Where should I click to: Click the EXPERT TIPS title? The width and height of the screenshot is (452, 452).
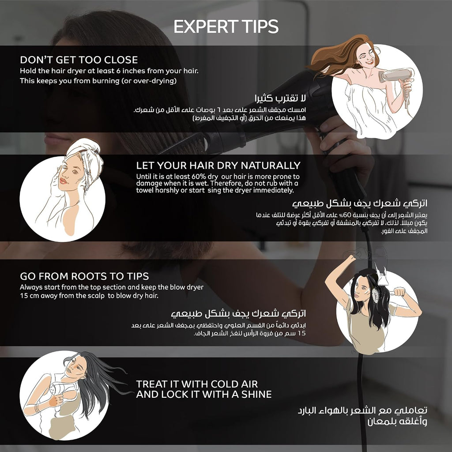[x=226, y=26]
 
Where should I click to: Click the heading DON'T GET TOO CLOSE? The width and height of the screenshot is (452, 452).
[x=79, y=60]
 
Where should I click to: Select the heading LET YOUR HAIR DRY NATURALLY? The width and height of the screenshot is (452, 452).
[x=218, y=166]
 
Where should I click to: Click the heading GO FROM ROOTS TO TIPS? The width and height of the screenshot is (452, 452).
[x=84, y=276]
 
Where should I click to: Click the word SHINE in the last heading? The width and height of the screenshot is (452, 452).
[x=256, y=394]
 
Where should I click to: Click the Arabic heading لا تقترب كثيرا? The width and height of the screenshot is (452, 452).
[x=280, y=98]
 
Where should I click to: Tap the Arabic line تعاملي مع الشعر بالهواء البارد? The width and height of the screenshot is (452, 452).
[x=362, y=410]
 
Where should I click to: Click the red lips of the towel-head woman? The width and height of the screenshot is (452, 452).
[x=63, y=181]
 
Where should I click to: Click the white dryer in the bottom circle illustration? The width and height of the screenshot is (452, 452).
[x=61, y=390]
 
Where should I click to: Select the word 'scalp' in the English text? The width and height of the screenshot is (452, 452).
[x=96, y=296]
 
